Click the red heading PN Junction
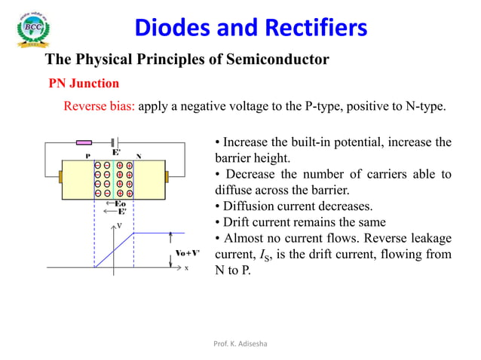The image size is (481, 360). point(84,83)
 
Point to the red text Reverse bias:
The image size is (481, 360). point(99,106)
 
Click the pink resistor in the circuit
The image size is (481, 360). point(84,142)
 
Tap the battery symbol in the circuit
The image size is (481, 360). point(113,142)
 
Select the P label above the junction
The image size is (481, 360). point(88,157)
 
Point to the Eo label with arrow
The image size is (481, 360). point(117,204)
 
